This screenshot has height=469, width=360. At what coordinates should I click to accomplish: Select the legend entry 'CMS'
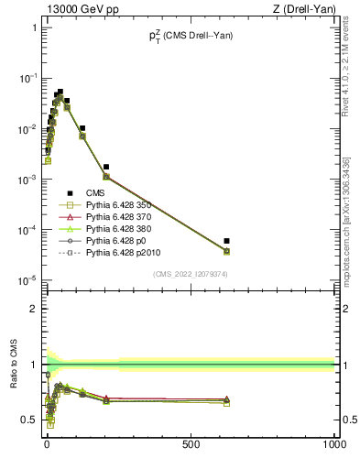[96, 193]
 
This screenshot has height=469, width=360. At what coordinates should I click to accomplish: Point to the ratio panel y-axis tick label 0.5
[29, 420]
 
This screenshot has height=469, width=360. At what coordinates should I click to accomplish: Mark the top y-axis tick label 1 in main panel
[33, 27]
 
